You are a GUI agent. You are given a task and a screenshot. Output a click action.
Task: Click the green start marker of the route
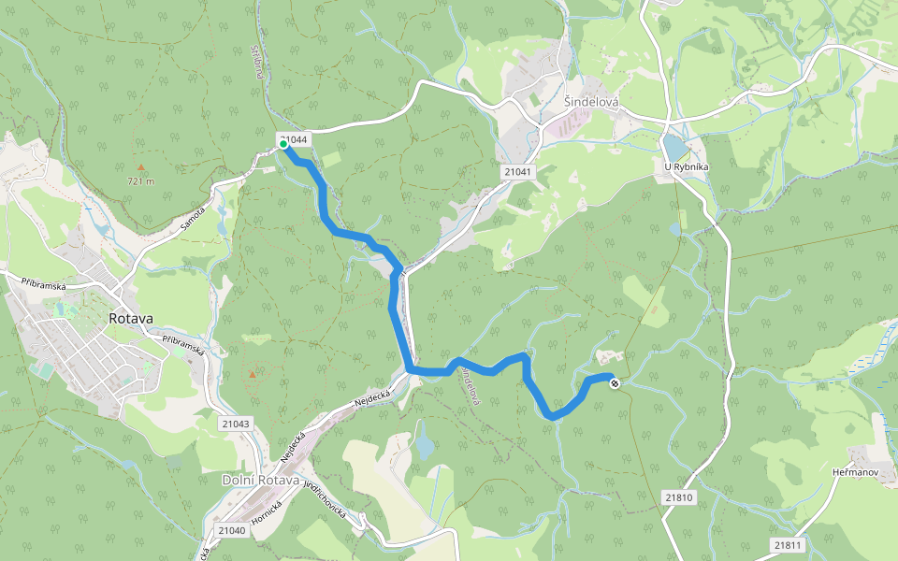coord(283,144)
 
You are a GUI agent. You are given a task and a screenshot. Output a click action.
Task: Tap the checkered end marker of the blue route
coord(615,382)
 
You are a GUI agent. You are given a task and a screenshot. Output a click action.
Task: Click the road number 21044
coord(295,138)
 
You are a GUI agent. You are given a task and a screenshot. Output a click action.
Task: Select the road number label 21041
coord(516,172)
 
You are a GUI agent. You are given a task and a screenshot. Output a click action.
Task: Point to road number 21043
coord(237,424)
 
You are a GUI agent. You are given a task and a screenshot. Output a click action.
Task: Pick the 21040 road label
coord(231,530)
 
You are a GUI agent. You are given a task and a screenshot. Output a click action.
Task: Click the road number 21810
coord(679,497)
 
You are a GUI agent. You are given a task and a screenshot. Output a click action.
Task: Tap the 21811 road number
coord(789,544)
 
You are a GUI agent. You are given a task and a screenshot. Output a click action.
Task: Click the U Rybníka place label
coord(686,167)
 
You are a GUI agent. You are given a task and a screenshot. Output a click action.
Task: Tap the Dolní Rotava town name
coord(261,481)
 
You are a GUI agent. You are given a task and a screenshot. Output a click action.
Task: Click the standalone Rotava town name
coord(130,318)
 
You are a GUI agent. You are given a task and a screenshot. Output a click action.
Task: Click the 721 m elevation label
coord(140,181)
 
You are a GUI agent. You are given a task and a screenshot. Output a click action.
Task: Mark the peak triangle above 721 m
coord(141,168)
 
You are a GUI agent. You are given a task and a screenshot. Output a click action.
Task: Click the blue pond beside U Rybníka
coord(673,147)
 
